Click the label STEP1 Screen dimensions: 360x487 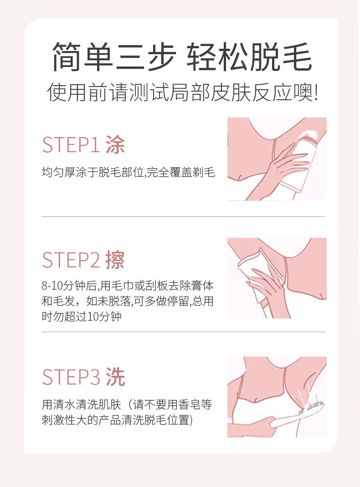click(70, 144)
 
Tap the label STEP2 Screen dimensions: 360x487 click(70, 260)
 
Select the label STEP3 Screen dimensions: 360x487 click(71, 377)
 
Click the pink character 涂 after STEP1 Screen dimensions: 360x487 click(115, 144)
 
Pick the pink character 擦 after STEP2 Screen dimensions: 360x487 click(115, 260)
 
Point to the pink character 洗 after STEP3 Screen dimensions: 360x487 click(115, 377)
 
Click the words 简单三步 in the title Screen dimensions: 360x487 click(114, 57)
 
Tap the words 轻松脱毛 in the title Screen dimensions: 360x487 click(249, 57)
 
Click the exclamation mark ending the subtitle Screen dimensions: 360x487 click(316, 92)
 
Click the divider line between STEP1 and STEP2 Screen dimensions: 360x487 click(183, 216)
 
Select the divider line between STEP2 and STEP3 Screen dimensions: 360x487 click(183, 332)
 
